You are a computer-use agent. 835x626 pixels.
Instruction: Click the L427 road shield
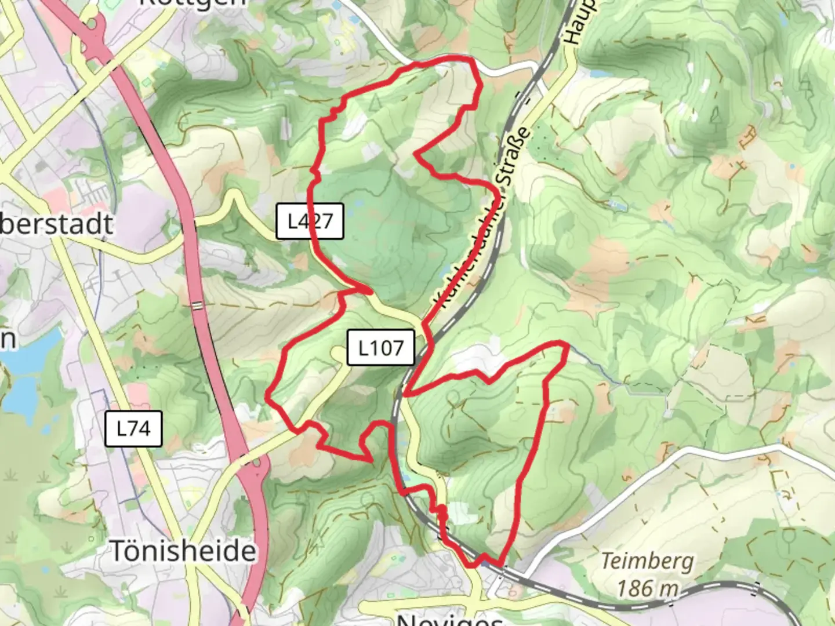tap(310, 221)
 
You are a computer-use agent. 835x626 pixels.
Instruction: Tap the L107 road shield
tap(381, 348)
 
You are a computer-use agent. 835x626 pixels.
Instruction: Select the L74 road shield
tap(133, 428)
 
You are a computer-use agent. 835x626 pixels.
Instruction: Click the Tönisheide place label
tap(183, 550)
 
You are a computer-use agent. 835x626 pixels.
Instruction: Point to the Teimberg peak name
tap(647, 561)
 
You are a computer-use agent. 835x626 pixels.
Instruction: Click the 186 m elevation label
tap(647, 588)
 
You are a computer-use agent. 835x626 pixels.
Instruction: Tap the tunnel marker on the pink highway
tap(198, 305)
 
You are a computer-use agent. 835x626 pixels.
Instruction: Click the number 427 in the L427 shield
tap(318, 221)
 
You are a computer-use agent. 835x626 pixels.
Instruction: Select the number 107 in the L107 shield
tap(389, 348)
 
